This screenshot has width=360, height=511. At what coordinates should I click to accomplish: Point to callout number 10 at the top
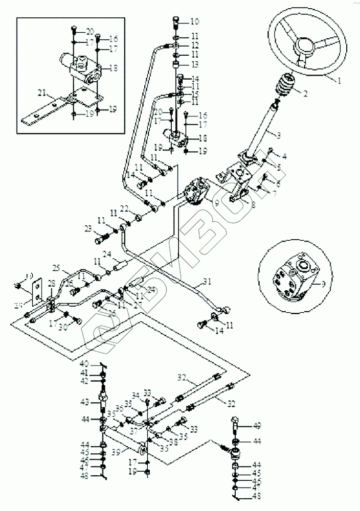click(x=195, y=21)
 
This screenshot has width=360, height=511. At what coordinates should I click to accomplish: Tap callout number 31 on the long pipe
click(x=206, y=281)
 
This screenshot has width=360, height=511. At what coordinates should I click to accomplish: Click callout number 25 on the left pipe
click(x=56, y=268)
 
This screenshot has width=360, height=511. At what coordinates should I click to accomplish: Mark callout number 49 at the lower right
click(x=257, y=424)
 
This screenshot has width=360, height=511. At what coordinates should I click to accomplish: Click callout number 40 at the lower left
click(x=84, y=364)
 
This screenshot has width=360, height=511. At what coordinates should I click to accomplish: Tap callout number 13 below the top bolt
click(x=195, y=65)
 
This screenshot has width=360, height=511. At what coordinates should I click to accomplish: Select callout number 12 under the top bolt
click(x=195, y=46)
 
